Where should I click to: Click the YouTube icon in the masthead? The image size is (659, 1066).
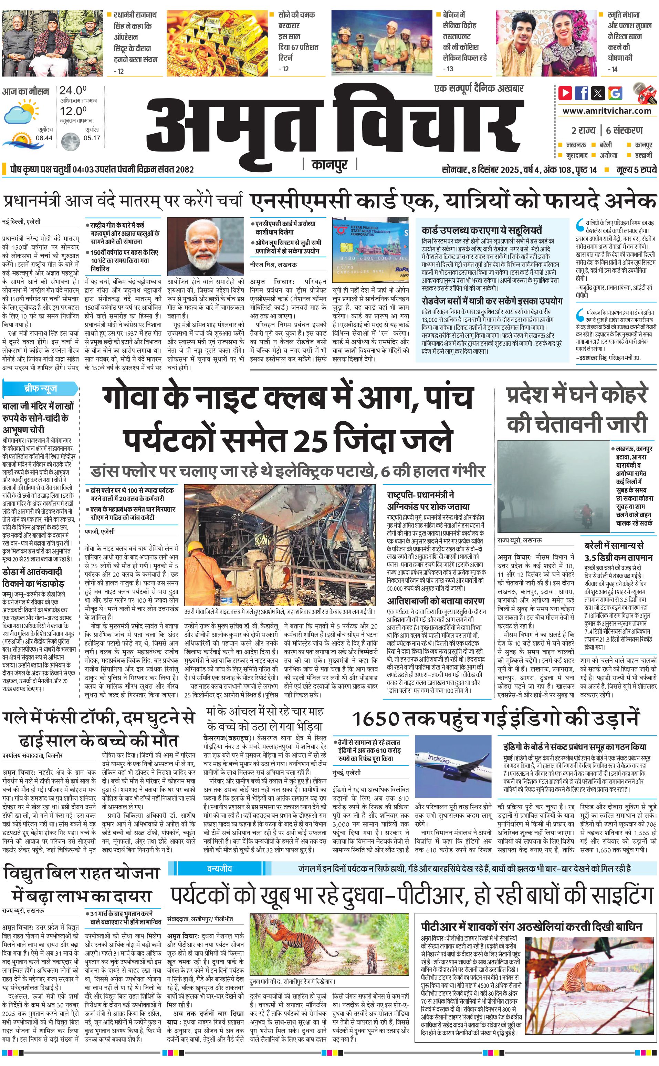pos(565,93)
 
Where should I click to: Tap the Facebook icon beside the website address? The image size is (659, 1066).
pos(582,93)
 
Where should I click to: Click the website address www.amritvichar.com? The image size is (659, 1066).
pos(607,111)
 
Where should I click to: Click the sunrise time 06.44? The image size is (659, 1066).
pos(44,138)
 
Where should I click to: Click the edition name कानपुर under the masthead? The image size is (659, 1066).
pos(329,165)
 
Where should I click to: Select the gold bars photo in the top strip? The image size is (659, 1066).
pos(217,43)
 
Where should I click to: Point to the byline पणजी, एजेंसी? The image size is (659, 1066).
pos(100,531)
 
